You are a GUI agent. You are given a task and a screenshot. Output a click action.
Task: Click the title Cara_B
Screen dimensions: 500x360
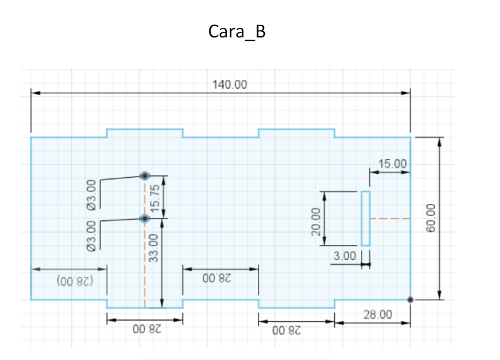(236, 32)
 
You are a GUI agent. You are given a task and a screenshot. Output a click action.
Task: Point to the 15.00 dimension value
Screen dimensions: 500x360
(392, 164)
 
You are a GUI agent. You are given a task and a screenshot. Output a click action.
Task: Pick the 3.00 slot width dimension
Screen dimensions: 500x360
(344, 256)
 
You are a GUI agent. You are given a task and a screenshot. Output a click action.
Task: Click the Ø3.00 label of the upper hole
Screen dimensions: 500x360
(91, 194)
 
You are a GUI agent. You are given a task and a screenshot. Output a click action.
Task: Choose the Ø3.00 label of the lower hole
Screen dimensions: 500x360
(91, 236)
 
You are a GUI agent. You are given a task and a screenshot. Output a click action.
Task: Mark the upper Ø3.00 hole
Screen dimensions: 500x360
(145, 175)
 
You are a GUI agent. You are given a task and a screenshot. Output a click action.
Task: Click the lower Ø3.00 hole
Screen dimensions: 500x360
(145, 218)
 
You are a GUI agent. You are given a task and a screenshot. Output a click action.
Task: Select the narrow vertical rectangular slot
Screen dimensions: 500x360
(365, 218)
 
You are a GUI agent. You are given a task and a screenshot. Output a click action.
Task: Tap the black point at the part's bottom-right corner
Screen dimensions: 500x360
(410, 299)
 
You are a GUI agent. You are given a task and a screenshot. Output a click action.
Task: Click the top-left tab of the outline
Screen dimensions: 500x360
(145, 133)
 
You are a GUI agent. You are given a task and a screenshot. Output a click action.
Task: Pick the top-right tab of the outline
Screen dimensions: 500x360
(297, 133)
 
